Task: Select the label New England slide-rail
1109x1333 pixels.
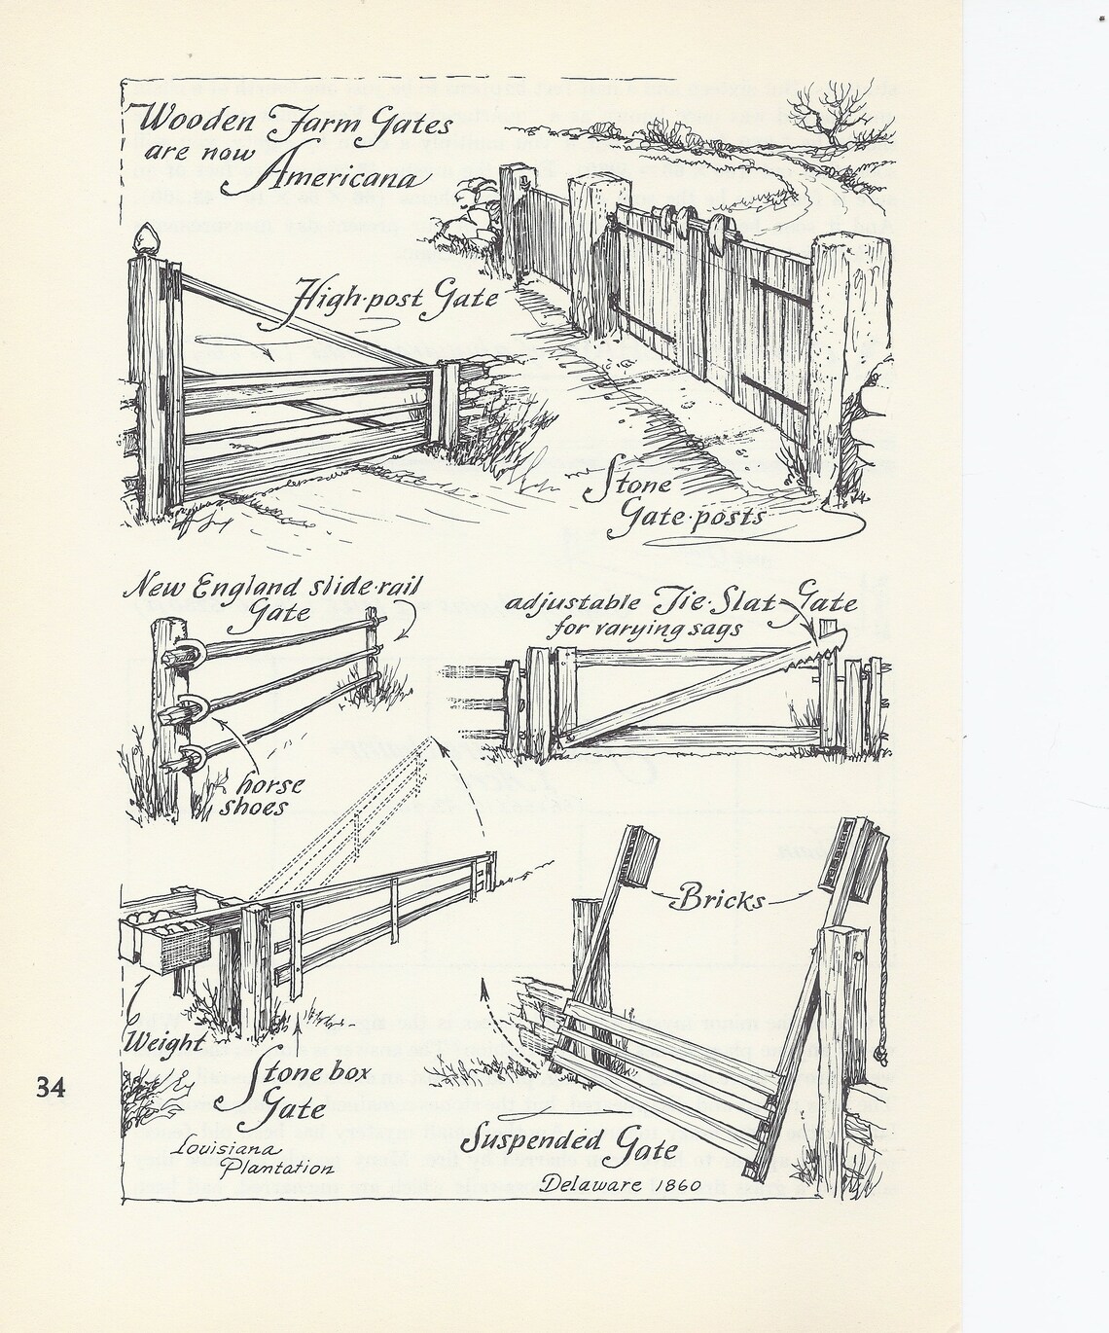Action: (270, 588)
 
